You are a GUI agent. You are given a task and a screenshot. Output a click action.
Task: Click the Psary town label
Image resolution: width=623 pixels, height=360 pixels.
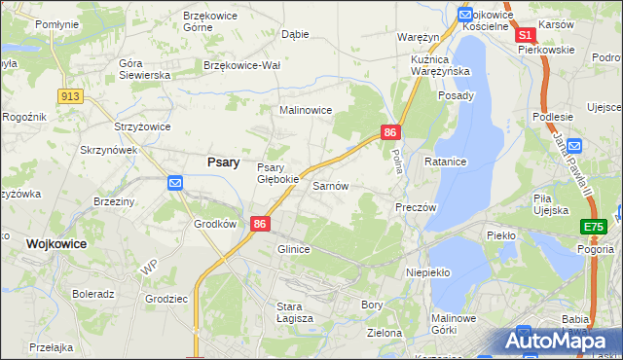click(224, 162)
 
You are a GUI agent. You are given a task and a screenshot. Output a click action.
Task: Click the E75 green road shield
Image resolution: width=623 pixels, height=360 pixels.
click(593, 227)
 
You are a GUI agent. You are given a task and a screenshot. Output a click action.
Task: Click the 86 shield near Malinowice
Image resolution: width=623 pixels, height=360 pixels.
click(390, 131)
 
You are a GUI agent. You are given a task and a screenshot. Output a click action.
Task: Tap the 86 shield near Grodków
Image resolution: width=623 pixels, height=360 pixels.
click(260, 224)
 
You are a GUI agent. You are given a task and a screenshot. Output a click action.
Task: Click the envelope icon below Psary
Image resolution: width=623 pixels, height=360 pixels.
click(175, 182)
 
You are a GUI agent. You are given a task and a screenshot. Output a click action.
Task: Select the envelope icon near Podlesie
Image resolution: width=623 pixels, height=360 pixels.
click(574, 146)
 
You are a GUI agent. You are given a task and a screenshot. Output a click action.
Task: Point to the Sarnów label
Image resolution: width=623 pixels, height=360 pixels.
click(330, 185)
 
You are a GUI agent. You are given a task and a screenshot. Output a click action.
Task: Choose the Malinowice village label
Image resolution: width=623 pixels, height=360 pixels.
click(307, 111)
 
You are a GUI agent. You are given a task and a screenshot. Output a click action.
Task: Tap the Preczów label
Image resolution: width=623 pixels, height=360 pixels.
click(416, 207)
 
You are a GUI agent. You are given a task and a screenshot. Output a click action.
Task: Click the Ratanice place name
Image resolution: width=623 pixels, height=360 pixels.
click(446, 161)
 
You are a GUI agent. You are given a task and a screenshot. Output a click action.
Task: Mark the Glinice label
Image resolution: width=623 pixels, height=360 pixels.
click(294, 249)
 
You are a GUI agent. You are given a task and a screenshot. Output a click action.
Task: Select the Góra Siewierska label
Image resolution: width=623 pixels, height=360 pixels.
click(144, 69)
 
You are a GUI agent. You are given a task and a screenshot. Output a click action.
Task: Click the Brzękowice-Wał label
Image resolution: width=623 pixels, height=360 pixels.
click(241, 65)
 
